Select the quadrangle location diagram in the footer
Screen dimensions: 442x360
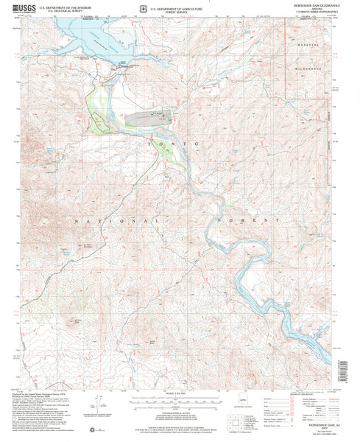[x=247, y=407]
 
